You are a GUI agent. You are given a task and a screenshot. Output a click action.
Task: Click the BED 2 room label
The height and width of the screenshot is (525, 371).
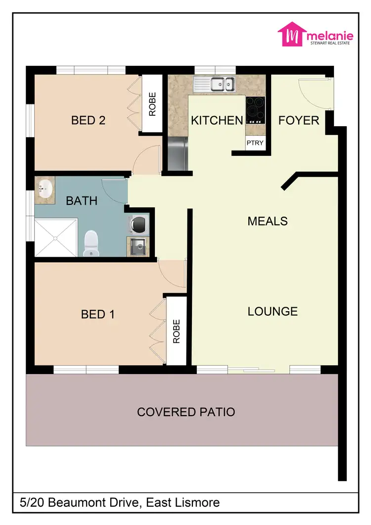click(x=89, y=120)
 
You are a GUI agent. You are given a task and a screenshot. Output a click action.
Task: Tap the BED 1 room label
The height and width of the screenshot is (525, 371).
click(x=97, y=314)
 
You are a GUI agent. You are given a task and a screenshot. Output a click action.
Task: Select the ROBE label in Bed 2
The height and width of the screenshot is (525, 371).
click(x=152, y=104)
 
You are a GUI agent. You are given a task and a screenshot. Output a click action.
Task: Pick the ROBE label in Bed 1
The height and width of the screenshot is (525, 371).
click(x=177, y=331)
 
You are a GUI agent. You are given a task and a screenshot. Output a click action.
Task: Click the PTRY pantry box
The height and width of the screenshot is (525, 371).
click(x=255, y=143)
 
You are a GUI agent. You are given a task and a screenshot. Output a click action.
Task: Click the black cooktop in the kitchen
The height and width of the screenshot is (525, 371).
click(x=255, y=110)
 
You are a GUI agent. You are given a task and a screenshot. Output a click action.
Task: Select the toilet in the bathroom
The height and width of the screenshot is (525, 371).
click(x=92, y=243)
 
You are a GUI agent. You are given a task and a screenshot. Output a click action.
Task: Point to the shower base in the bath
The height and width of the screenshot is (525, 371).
click(x=55, y=238)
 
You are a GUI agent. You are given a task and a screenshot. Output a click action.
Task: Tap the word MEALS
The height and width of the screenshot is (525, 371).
click(x=267, y=221)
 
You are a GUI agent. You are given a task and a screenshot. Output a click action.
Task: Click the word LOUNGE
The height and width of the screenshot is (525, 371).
click(x=273, y=311)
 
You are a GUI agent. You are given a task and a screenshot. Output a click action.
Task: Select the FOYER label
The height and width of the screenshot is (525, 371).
click(x=299, y=120)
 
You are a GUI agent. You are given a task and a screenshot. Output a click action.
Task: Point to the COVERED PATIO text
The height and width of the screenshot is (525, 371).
click(x=186, y=412)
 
